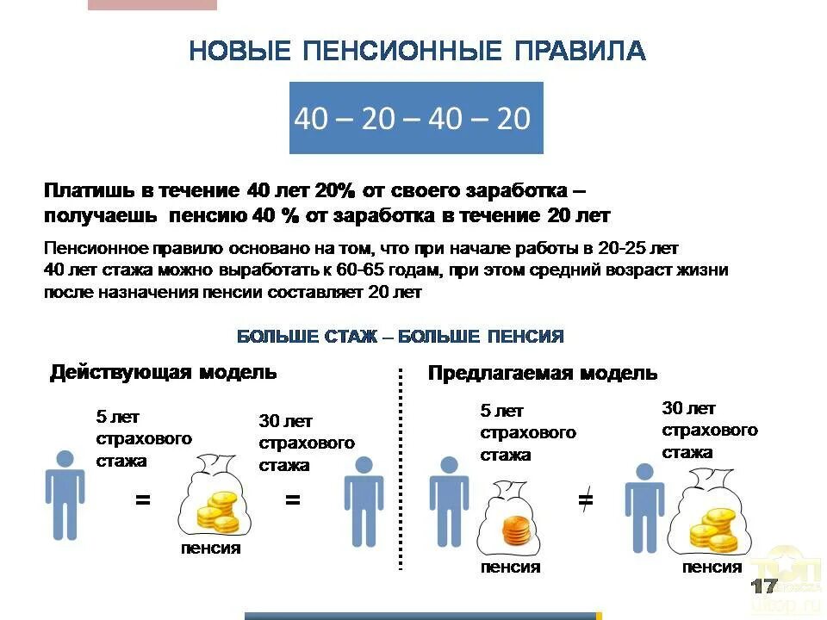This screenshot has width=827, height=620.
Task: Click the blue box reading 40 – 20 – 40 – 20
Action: (415, 118)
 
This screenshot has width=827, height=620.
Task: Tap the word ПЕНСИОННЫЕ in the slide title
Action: (402, 51)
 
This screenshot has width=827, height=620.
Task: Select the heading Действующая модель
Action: (164, 372)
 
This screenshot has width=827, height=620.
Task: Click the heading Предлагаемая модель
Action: (543, 373)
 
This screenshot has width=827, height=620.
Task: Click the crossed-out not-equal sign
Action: (586, 500)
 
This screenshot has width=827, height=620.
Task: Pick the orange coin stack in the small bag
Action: (517, 530)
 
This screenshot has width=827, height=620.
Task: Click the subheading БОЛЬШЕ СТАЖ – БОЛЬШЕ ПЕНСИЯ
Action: (401, 337)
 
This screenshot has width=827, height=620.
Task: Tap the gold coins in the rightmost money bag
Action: (715, 528)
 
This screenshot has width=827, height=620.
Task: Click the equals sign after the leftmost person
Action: (143, 499)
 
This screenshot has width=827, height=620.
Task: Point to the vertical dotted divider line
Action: (401, 469)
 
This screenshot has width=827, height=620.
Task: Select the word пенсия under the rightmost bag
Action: (712, 567)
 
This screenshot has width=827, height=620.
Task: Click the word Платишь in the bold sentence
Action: (87, 189)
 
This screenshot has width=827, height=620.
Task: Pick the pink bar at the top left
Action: (152, 4)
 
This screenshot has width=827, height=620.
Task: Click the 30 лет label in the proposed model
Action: (688, 408)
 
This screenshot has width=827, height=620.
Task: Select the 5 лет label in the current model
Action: (117, 418)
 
